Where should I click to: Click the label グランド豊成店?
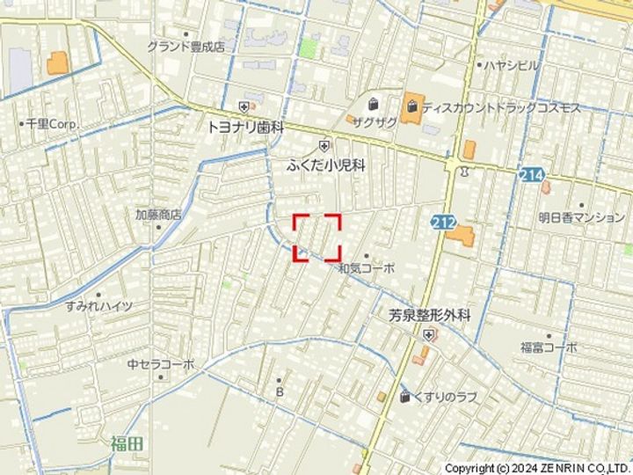186,47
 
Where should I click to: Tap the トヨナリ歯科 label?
245,127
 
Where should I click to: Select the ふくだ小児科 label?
325,164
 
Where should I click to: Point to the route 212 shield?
443,223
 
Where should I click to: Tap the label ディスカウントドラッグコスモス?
501,108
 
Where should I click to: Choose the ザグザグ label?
375,122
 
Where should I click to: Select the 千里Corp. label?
52,125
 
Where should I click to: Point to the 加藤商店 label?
157,214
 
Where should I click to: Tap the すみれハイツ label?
98,306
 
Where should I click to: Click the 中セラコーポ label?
160,363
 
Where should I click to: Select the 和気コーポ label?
367,268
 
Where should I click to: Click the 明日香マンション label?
581,217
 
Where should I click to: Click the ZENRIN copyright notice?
537,468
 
